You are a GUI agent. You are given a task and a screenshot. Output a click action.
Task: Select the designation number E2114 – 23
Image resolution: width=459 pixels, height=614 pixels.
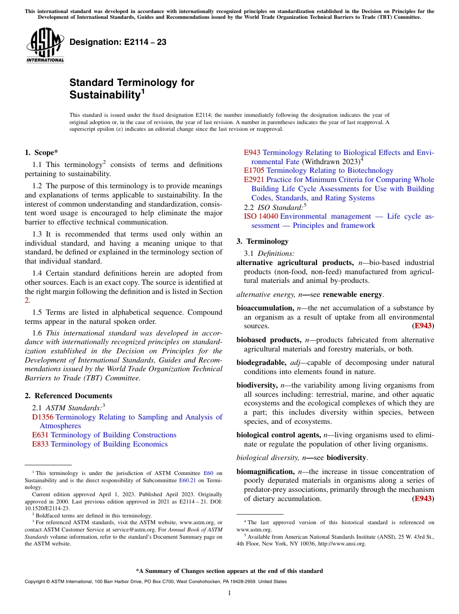[x=118, y=42]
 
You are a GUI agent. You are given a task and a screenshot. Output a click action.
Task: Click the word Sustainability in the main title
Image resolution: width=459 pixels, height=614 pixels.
[x=104, y=95]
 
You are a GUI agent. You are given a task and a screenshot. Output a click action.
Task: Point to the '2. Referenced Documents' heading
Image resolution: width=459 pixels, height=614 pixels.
[x=68, y=396]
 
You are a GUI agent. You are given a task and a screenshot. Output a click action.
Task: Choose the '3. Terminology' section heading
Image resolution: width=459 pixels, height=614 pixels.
[x=262, y=241]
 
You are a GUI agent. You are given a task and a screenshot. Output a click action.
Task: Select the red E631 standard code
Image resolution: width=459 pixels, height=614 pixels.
[x=40, y=435]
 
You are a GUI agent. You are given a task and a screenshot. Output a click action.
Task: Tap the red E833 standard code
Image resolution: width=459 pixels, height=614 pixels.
[x=40, y=444]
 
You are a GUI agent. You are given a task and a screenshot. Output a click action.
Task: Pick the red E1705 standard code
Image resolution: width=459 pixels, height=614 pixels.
[x=254, y=170]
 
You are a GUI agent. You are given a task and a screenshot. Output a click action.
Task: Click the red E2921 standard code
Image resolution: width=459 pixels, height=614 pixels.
[x=254, y=180]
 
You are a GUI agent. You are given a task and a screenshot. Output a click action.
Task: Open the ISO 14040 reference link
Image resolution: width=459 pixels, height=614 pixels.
[x=261, y=217]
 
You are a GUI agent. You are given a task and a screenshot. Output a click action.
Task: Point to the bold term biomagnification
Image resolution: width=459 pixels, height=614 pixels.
[x=265, y=472]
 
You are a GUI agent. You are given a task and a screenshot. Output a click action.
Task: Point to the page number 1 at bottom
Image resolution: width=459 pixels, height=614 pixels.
[x=229, y=593]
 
